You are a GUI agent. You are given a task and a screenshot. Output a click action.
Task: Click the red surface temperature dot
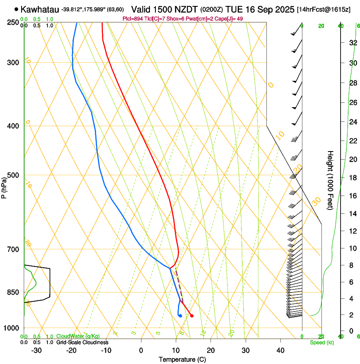click(192, 315)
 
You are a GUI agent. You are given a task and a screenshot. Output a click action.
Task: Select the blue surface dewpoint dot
click(180, 315)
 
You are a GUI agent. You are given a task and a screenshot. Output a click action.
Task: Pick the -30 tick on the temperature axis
click(36, 350)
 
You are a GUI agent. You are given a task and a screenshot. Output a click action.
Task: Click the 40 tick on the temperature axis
click(280, 350)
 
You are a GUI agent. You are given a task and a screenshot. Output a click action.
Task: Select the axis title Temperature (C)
click(182, 359)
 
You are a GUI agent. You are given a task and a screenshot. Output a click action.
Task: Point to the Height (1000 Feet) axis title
click(330, 180)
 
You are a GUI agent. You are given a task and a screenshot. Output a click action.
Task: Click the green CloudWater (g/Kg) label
click(78, 336)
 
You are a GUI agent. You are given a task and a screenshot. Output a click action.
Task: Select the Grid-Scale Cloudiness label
click(82, 342)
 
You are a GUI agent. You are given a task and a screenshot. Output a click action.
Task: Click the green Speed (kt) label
click(321, 342)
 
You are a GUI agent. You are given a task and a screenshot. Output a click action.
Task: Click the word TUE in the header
click(234, 9)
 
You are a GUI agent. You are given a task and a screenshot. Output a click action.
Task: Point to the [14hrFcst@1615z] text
click(324, 9)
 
